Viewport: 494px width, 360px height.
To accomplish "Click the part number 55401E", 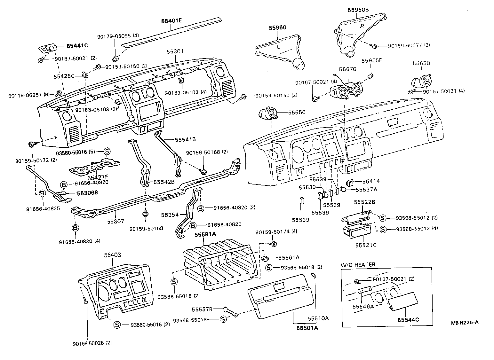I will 171,21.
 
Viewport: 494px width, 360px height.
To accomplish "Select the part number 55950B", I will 358,10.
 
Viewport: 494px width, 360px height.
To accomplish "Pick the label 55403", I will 113,255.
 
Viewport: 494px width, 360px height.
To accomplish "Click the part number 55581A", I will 205,234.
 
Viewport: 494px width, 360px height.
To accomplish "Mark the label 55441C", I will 77,46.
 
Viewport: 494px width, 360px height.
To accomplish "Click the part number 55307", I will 116,221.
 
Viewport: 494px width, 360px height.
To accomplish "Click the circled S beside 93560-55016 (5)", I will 107,152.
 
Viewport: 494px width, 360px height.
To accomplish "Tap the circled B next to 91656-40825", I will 42,193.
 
